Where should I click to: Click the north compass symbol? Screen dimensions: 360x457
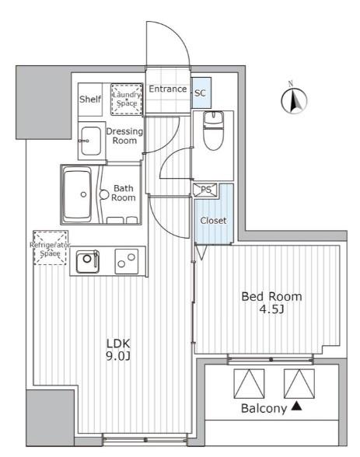(x=294, y=99)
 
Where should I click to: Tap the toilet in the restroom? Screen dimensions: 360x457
(x=213, y=131)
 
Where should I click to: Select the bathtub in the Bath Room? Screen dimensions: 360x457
(x=77, y=194)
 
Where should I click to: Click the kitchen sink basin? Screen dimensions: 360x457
(x=87, y=261)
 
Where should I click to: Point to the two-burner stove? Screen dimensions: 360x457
(x=127, y=261)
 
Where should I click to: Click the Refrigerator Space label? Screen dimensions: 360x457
(x=50, y=249)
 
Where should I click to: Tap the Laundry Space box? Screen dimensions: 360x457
(x=127, y=99)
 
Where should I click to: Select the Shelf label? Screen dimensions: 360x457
(x=90, y=99)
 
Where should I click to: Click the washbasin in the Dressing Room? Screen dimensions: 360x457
(x=91, y=141)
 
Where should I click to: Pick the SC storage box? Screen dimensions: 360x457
(x=201, y=93)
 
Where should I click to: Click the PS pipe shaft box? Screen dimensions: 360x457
(x=205, y=190)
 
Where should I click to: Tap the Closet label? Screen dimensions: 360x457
(x=213, y=221)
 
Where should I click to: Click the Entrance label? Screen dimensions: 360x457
(x=168, y=89)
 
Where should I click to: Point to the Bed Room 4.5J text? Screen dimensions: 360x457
(x=271, y=302)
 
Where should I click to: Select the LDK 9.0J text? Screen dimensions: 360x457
(x=117, y=350)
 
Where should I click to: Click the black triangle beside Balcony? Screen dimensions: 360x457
(x=296, y=406)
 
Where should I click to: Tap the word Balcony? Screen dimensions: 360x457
(x=264, y=409)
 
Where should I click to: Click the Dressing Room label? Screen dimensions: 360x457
(x=124, y=136)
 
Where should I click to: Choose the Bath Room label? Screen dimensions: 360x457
(x=124, y=193)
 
